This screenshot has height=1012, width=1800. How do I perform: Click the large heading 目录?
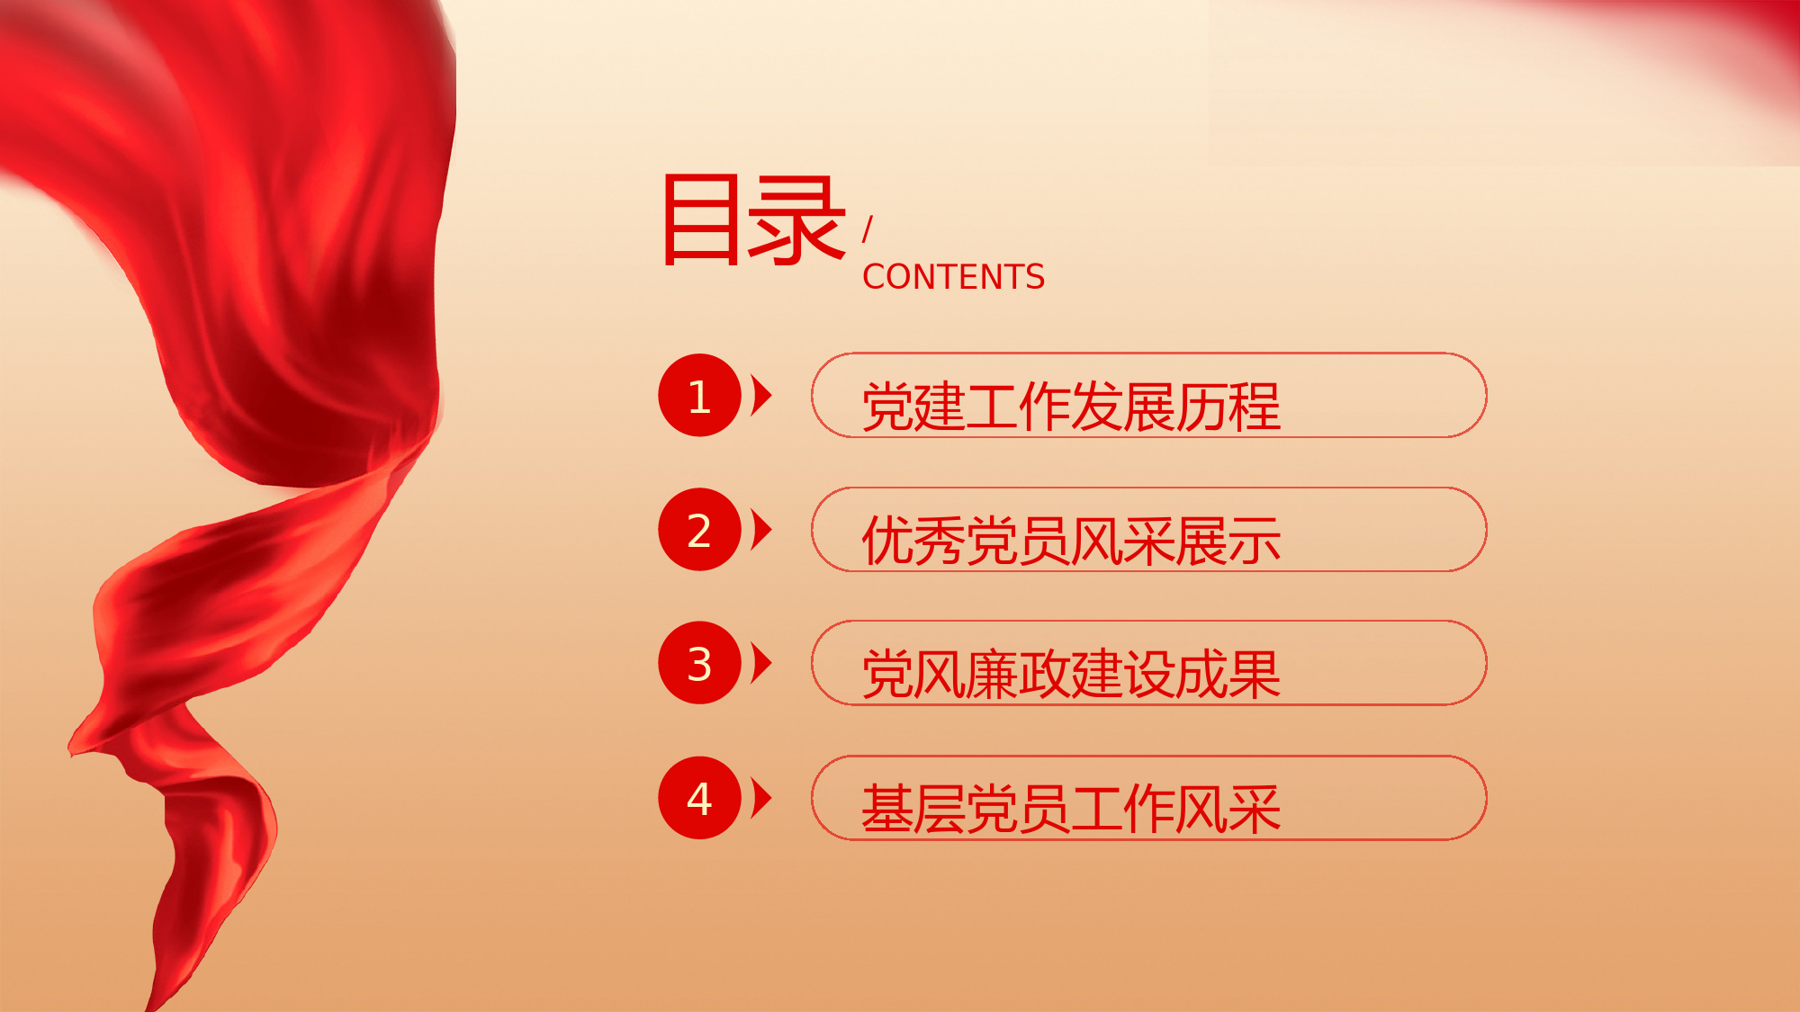(x=754, y=220)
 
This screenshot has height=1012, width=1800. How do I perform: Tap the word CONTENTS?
(x=954, y=277)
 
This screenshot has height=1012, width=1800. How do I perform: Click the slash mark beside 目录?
(x=868, y=229)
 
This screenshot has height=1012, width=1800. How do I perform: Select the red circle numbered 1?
(x=699, y=396)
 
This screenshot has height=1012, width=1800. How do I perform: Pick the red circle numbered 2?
(x=699, y=530)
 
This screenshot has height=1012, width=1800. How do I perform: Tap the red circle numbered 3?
(x=699, y=663)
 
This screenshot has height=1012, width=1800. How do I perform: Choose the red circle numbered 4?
(x=699, y=798)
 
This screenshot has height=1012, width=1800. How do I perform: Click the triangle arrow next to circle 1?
(x=761, y=396)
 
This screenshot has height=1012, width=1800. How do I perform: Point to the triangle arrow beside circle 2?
(x=761, y=530)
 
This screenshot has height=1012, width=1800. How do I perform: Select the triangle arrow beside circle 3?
(x=761, y=663)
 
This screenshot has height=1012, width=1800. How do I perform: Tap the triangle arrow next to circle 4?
(x=761, y=798)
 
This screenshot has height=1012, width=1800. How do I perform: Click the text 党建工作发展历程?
(x=1071, y=407)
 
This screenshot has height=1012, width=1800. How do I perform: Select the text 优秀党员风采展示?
(x=1071, y=541)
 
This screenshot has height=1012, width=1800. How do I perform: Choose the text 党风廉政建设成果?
(x=1071, y=674)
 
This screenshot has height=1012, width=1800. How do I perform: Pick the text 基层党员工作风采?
(x=1071, y=809)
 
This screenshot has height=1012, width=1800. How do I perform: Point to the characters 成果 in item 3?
(x=1228, y=674)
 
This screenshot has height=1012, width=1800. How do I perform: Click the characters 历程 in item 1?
(x=1228, y=407)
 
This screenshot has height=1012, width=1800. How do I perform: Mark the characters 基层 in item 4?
(x=913, y=809)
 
